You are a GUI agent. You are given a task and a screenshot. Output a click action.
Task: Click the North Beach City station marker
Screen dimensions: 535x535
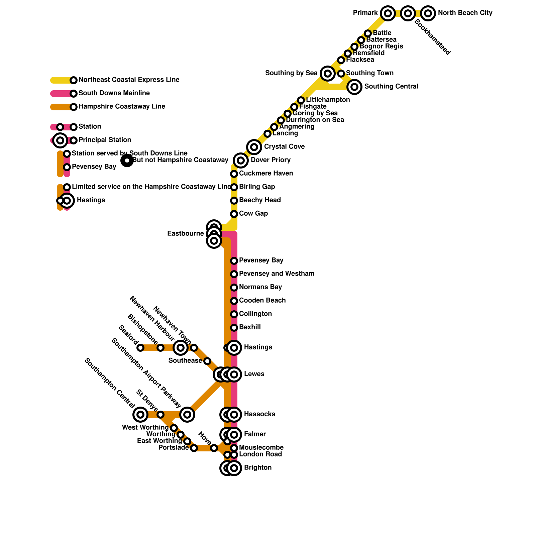[428, 13]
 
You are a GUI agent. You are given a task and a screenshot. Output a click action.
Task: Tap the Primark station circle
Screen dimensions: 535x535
[388, 13]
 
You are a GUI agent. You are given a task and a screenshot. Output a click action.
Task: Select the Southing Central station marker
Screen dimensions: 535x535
[354, 87]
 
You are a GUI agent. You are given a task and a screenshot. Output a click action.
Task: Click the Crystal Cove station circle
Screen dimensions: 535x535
[254, 147]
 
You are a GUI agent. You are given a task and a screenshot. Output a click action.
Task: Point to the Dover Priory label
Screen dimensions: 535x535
[271, 160]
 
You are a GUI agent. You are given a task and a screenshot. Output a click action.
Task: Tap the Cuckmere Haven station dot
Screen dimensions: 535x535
[234, 174]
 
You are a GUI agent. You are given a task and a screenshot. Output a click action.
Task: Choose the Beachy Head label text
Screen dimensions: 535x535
[260, 200]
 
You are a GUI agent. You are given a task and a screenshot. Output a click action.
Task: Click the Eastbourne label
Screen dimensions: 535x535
[185, 234]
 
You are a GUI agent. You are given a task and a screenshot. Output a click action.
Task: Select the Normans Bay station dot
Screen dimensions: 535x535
[234, 288]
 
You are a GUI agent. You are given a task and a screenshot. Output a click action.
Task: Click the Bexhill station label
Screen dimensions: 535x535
[250, 327]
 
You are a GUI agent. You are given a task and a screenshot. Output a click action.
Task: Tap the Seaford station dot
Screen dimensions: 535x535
[140, 348]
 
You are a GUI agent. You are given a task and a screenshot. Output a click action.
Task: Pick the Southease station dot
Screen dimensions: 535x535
[207, 361]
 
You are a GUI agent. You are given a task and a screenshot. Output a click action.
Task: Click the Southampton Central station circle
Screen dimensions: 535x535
[140, 415]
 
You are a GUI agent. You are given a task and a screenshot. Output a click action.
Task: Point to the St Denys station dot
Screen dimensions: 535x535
[160, 415]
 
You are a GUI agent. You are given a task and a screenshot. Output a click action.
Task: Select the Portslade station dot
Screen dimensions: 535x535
[194, 448]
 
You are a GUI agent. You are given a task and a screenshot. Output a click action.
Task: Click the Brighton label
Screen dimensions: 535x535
[257, 468]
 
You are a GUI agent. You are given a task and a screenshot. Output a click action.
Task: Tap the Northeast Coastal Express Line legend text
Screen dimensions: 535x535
[129, 80]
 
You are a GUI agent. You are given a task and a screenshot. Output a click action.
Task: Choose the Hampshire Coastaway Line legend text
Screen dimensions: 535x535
[122, 107]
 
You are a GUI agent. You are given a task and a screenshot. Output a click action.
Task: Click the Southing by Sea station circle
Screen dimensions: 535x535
[328, 74]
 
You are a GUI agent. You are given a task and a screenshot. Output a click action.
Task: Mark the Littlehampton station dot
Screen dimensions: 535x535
[301, 100]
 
